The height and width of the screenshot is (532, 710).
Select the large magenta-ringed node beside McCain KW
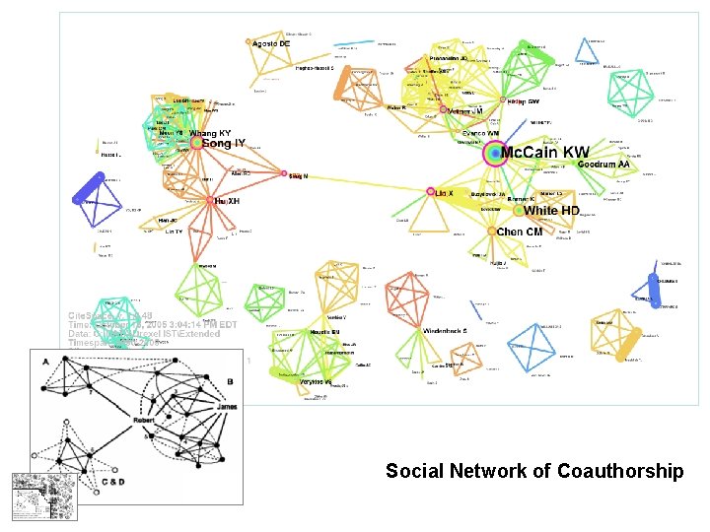(x=493, y=154)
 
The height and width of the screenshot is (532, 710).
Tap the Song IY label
(x=224, y=145)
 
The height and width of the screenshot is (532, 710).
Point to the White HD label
(x=552, y=211)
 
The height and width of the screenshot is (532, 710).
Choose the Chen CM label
(x=520, y=233)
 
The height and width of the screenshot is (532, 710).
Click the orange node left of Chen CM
(x=491, y=232)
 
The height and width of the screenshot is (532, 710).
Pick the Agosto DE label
(x=272, y=44)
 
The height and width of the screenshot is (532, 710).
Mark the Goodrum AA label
(x=603, y=164)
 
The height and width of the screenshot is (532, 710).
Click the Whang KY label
(x=210, y=132)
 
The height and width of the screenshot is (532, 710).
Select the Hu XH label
(x=228, y=201)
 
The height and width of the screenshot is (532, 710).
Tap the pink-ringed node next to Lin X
(x=431, y=191)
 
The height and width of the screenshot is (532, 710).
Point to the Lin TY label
(x=174, y=231)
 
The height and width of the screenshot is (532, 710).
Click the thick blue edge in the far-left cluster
(x=92, y=187)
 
